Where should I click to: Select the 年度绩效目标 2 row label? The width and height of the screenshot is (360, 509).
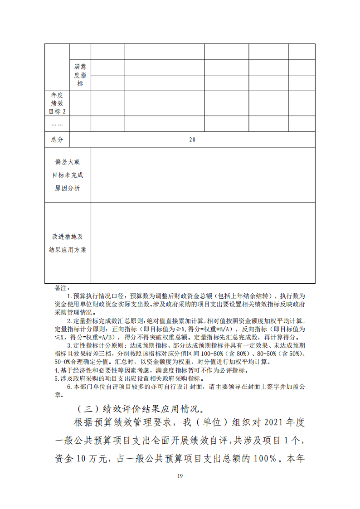58,103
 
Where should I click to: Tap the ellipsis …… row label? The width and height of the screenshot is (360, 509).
57,124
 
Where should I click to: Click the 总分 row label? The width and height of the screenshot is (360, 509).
57,140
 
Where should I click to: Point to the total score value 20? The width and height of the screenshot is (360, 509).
192,140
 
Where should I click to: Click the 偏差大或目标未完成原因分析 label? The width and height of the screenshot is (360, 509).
68,175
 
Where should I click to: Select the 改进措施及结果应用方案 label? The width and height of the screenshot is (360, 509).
68,243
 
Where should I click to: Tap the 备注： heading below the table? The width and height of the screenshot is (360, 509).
61,288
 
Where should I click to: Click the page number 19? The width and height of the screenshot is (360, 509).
180,475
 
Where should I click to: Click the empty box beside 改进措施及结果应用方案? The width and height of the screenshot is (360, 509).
203,243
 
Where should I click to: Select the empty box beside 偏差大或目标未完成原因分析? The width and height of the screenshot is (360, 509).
203,175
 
